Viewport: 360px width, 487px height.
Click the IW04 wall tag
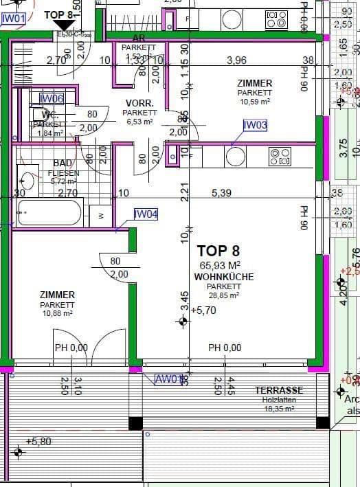coord(146,214)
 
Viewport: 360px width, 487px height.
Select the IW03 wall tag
coord(255,125)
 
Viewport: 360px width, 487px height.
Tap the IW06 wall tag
coord(52,99)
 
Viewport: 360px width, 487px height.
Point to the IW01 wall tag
coord(14,19)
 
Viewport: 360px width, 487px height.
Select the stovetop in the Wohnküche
coord(280,157)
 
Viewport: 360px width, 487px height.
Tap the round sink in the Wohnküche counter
coord(235,157)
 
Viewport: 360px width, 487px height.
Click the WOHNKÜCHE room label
coord(224,277)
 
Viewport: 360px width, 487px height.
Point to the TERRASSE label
coord(279,389)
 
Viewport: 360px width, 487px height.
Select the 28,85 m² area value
coord(224,295)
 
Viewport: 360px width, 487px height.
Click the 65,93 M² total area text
coord(220,265)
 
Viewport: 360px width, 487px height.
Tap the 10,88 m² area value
coord(57,313)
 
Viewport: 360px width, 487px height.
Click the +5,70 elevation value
coord(204,310)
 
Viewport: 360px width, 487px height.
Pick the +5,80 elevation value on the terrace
coord(38,441)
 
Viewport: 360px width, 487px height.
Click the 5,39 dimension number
coord(222,194)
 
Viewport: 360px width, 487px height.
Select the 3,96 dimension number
coord(236,60)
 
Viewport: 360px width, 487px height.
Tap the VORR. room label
coord(138,103)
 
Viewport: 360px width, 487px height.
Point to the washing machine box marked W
coord(101,215)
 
